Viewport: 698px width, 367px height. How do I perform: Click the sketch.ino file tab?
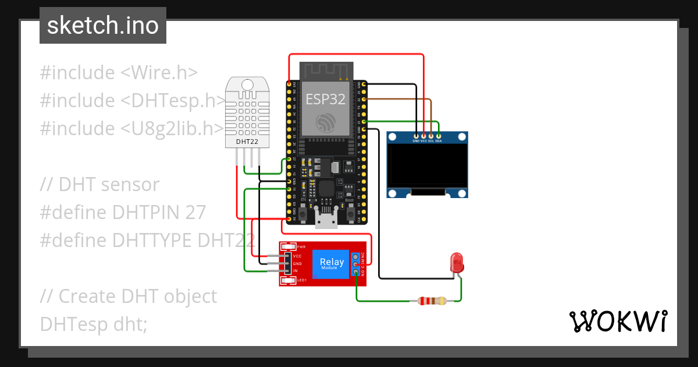[x=102, y=26]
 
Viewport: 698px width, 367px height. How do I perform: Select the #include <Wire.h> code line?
[x=119, y=73]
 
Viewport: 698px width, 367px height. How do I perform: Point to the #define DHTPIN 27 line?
[x=123, y=213]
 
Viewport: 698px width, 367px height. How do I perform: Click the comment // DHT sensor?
[x=99, y=185]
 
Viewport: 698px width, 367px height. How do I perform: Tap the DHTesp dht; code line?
[x=93, y=324]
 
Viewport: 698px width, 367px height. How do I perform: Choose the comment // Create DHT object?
[x=128, y=296]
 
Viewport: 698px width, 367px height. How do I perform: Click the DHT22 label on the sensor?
[x=248, y=142]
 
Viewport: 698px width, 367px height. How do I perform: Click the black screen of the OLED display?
[x=427, y=167]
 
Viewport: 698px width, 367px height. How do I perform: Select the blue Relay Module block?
[x=332, y=264]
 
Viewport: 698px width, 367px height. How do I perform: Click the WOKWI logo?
[x=618, y=322]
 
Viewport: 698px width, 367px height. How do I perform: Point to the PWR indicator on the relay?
[x=289, y=247]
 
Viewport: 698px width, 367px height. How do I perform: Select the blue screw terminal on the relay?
[x=355, y=264]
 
